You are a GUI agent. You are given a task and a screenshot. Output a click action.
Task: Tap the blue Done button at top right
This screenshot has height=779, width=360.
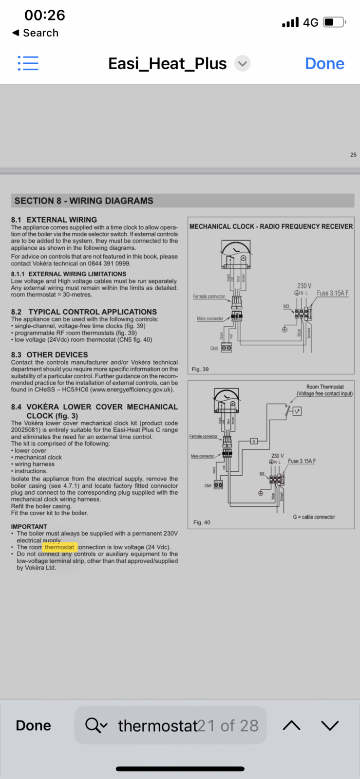(324, 64)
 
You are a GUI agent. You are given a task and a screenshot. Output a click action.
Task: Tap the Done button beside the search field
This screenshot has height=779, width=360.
(33, 725)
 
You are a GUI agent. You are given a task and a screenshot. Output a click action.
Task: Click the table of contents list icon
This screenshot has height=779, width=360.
(28, 63)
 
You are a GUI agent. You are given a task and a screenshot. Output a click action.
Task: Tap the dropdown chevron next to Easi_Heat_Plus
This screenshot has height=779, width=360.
(242, 64)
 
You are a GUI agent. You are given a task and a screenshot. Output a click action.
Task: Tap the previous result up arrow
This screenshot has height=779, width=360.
(291, 725)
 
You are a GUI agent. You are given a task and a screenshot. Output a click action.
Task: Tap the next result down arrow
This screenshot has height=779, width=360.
(330, 725)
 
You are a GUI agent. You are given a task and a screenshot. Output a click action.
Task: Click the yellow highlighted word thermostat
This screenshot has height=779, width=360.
(60, 547)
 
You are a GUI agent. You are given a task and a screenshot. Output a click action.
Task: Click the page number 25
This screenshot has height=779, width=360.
(353, 155)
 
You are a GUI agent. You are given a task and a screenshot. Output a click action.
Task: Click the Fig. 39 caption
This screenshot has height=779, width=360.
(200, 369)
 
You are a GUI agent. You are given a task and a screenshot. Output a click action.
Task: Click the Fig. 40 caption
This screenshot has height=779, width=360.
(202, 522)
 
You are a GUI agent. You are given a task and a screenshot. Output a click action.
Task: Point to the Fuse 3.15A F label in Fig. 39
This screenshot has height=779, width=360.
(332, 293)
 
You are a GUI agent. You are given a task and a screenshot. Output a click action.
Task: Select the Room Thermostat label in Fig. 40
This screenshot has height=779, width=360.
(325, 387)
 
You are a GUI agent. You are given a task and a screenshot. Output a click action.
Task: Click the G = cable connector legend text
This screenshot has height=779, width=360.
(314, 517)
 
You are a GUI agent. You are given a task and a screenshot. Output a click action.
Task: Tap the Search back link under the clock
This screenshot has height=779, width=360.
(36, 33)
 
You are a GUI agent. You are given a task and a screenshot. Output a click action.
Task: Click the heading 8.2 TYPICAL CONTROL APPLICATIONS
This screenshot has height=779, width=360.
(84, 312)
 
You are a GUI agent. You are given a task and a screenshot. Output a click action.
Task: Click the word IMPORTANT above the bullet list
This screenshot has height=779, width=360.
(29, 526)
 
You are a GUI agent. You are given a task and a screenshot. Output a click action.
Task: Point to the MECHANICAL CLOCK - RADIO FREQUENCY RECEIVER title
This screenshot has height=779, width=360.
(271, 226)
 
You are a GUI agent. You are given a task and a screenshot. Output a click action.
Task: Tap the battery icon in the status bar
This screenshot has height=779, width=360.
(334, 22)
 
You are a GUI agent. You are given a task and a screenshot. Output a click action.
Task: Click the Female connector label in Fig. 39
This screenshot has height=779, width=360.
(209, 296)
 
